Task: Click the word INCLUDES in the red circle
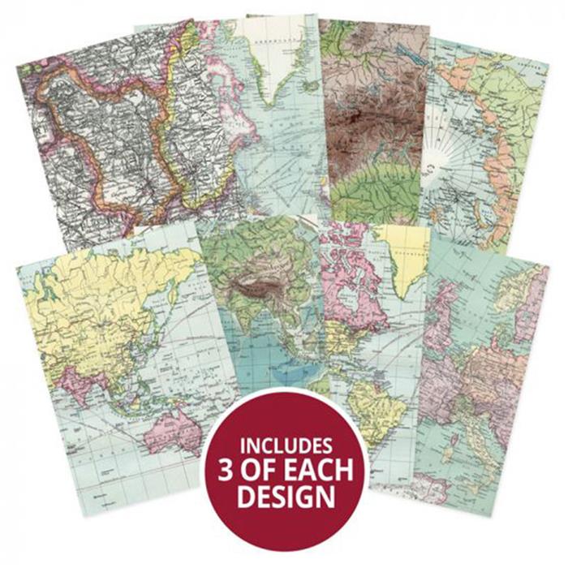tap(285, 445)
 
